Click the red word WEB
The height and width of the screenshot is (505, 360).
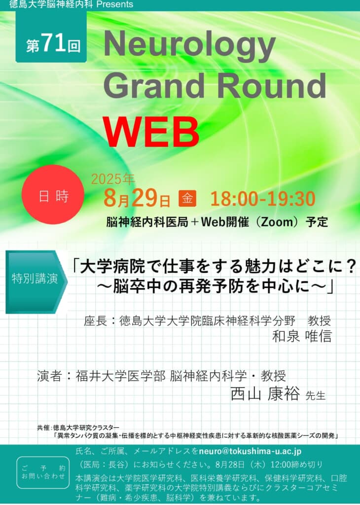(151, 131)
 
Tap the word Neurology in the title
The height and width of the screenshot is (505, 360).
(189, 45)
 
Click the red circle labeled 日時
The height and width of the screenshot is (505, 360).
(53, 194)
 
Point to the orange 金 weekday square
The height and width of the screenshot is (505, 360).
(187, 198)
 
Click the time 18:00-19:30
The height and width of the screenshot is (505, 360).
(262, 198)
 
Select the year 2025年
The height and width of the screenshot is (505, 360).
(113, 179)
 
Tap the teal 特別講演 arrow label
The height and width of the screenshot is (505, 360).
(36, 282)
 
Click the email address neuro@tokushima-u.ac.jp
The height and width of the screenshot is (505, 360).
(250, 451)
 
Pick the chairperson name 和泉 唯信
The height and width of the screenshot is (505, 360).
(302, 336)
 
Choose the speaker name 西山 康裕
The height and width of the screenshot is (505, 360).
(265, 393)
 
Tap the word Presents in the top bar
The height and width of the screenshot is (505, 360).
(114, 4)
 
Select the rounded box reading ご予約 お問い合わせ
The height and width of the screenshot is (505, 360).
(43, 472)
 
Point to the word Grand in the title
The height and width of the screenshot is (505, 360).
(154, 85)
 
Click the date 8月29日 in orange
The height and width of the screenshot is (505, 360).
(137, 198)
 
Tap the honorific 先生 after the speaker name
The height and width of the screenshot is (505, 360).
(315, 395)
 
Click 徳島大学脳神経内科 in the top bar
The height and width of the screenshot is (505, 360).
(51, 4)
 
